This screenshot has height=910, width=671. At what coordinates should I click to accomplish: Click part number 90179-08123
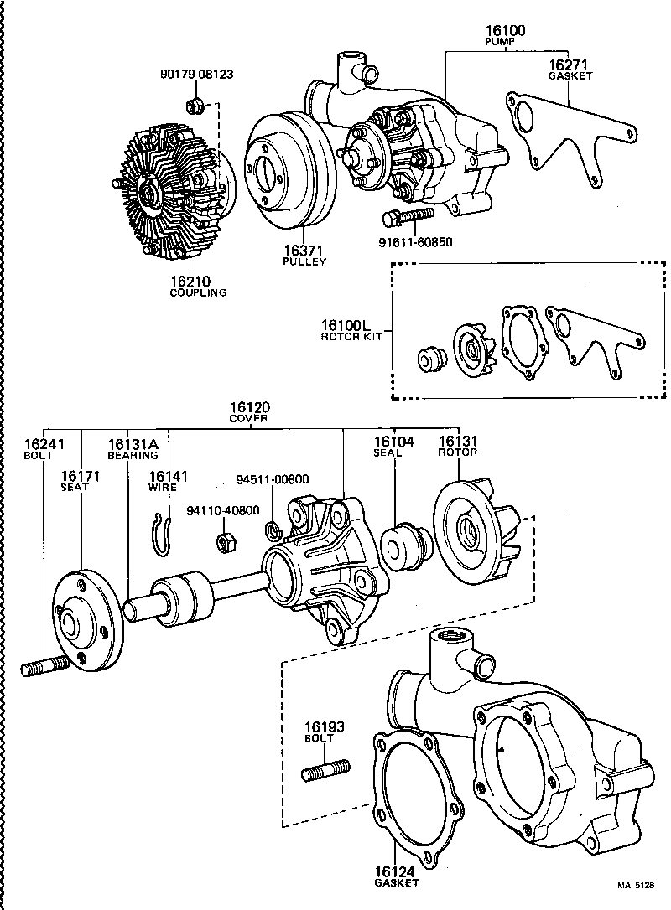[196, 74]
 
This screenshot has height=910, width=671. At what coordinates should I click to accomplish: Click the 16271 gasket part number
[570, 65]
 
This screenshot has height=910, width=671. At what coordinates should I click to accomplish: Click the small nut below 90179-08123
[194, 106]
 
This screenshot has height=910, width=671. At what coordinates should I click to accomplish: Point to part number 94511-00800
[272, 479]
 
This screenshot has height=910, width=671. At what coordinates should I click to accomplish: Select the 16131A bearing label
[133, 443]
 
